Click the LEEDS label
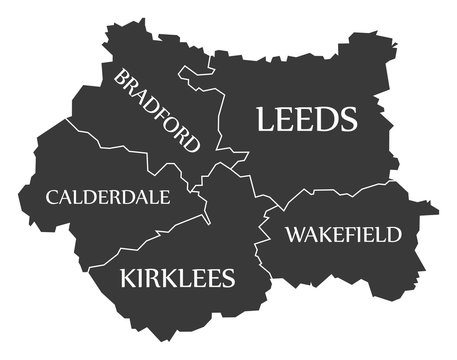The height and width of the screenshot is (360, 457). click(307, 120)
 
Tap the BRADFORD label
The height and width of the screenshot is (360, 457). click(158, 111)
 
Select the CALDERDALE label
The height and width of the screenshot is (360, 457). click(108, 197)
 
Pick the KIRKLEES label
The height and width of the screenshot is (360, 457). click(177, 277)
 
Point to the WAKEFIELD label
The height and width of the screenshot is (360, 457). click(343, 235)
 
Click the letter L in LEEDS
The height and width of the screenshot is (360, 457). click(265, 120)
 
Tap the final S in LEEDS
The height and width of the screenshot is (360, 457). click(348, 120)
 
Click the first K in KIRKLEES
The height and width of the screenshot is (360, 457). click(128, 277)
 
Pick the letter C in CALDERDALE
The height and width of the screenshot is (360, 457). click(52, 197)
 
